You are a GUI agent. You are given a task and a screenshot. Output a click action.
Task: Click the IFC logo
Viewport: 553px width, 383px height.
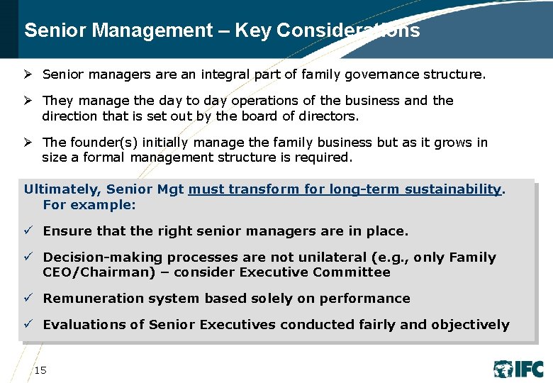coord(519,369)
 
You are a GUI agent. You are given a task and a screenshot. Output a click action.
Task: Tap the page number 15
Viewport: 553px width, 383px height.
coord(40,370)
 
